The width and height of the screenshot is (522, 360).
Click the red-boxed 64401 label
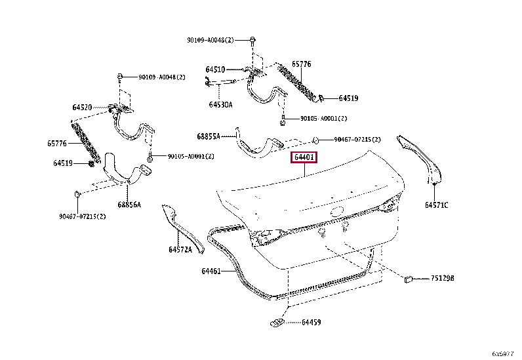pos(305,158)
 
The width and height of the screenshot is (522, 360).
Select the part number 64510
pos(214,70)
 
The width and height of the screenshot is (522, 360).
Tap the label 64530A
pos(221,104)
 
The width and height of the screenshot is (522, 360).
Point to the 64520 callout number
pos(82,107)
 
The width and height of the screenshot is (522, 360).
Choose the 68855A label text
pos(208,137)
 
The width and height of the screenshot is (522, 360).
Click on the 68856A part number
pos(129,205)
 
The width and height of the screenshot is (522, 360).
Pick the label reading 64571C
pos(436,205)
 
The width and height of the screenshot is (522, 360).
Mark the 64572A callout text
pos(180,249)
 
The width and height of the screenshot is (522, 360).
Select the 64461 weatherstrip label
pos(212,271)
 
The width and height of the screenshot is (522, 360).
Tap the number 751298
pos(443,278)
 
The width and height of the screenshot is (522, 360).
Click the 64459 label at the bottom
pos(311,323)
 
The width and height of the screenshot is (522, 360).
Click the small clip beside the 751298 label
pos(407,278)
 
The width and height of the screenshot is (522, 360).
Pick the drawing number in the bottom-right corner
pos(506,353)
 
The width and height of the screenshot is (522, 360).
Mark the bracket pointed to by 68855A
pos(259,146)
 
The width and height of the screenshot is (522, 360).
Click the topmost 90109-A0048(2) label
pos(211,40)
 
